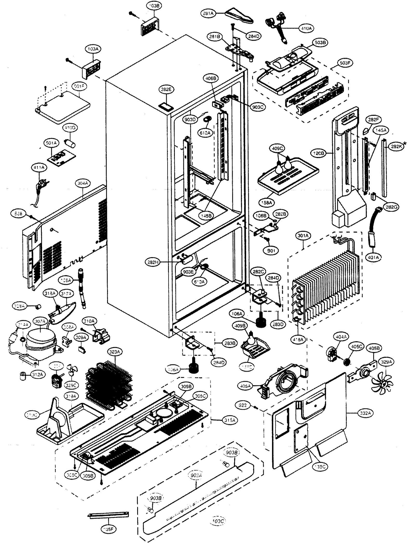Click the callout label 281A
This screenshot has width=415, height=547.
coord(208,13)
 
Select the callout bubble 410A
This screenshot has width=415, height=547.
coord(306,29)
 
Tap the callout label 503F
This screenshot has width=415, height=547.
coord(345,63)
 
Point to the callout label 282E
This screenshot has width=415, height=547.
coord(166,89)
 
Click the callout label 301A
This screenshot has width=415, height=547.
coord(303,236)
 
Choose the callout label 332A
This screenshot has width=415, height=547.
coord(365,413)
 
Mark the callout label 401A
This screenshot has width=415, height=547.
coord(373,257)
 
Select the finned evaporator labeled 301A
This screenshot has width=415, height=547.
coord(327,285)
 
